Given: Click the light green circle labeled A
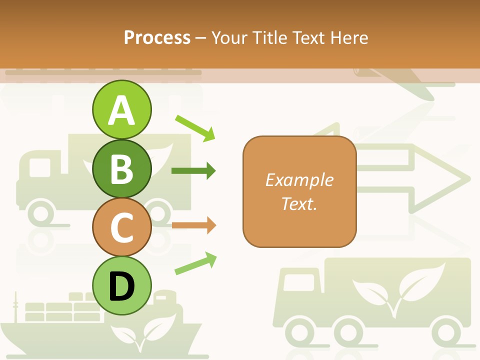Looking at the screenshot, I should (x=121, y=109).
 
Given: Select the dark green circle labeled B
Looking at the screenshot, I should (x=121, y=168).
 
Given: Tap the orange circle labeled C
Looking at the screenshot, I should (x=121, y=227).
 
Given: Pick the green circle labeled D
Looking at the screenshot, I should (x=121, y=285).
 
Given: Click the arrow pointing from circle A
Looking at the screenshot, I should (x=195, y=127).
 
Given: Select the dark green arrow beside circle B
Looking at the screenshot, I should (x=193, y=171).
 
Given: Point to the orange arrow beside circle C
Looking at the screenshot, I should (x=193, y=225).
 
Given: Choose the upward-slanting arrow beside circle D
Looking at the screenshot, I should (x=195, y=263).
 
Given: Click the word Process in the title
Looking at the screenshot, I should (x=157, y=37).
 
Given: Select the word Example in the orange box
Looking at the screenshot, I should (x=299, y=180).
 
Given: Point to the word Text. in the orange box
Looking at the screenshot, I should (x=299, y=203).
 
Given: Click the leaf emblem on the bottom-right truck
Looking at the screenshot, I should (x=397, y=290).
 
